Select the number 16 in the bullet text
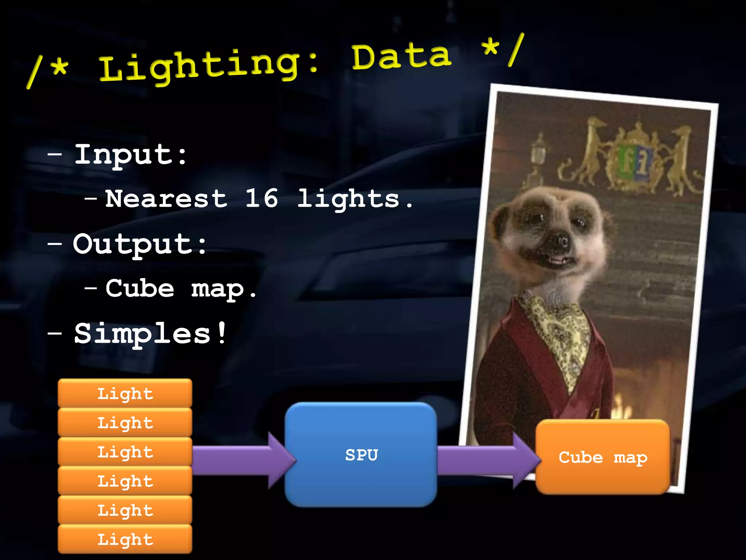(262, 199)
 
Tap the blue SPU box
(361, 455)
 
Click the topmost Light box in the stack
(125, 393)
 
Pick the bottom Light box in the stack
(125, 539)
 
